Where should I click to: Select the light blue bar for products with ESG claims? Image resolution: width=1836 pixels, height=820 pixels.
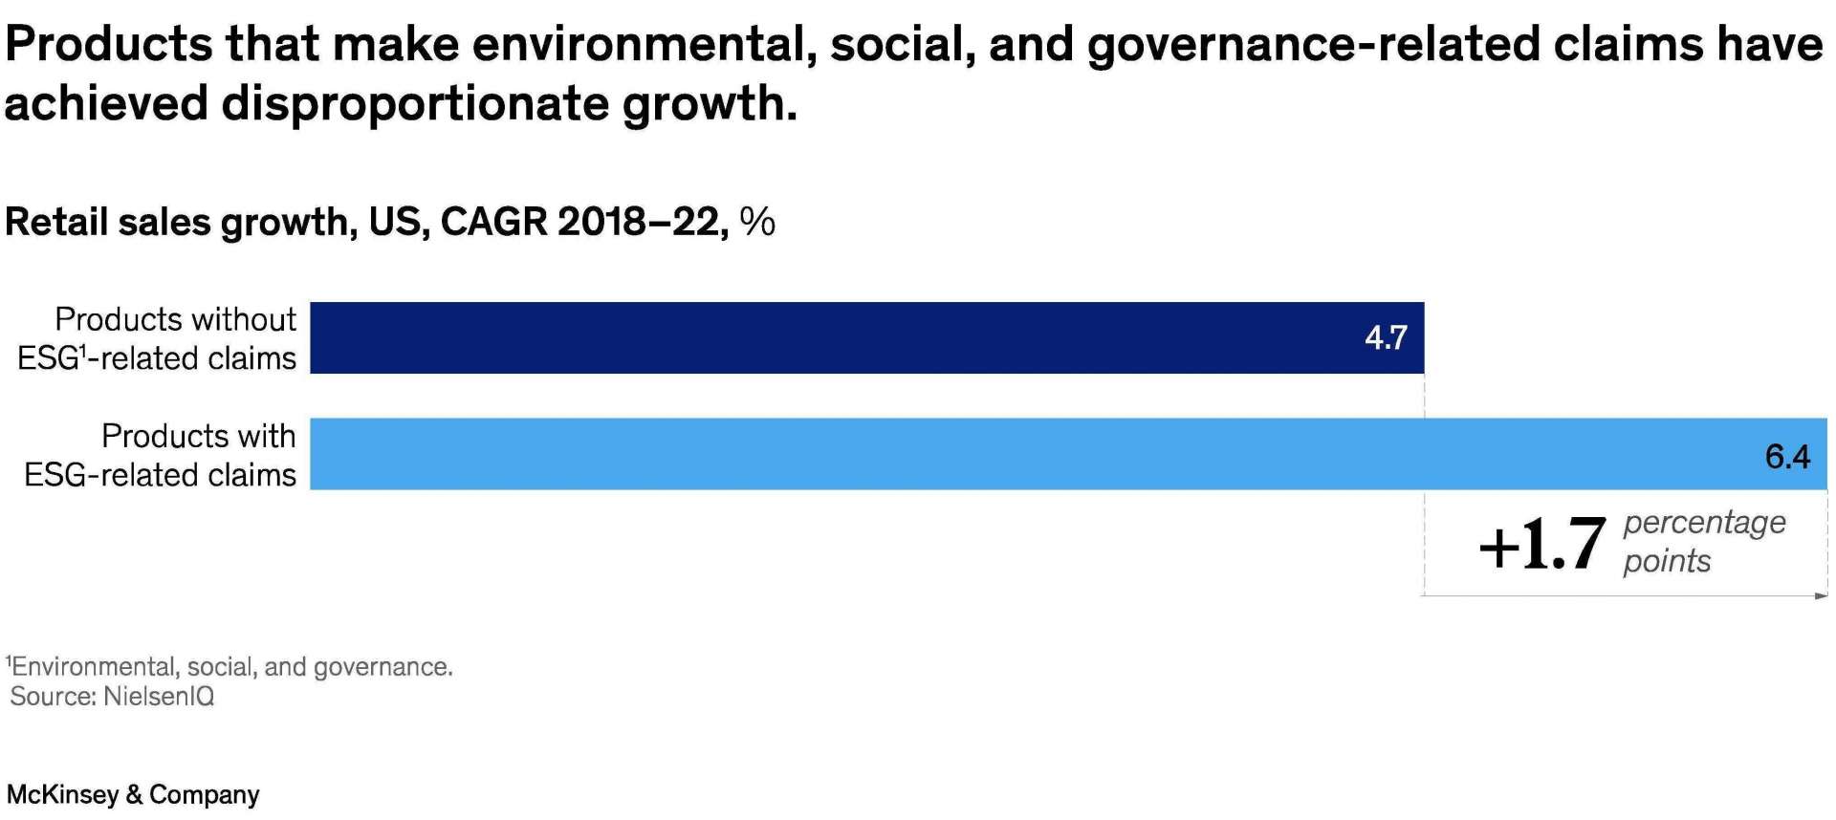1052,454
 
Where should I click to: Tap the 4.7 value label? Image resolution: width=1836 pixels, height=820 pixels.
1385,337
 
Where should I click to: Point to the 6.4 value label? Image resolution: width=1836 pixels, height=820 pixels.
1786,457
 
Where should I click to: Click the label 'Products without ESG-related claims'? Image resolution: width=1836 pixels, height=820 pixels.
158,338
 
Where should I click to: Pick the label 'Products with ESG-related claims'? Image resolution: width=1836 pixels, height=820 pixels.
161,455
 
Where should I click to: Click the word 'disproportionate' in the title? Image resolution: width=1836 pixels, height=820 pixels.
415,103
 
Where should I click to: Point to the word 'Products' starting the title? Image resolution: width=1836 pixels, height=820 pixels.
109,45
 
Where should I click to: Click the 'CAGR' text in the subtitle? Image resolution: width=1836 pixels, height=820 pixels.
493,223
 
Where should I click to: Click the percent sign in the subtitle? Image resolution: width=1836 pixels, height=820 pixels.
757,223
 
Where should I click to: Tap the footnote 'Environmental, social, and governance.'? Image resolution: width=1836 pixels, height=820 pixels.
229,666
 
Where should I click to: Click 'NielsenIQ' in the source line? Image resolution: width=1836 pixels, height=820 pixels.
159,697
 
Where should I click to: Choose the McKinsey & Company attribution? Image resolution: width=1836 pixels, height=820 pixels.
133,794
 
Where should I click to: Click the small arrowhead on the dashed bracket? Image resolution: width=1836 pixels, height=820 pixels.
1821,596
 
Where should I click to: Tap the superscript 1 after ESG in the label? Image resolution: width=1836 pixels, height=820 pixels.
84,350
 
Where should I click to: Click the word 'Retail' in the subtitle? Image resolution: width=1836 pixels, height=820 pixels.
55,223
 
